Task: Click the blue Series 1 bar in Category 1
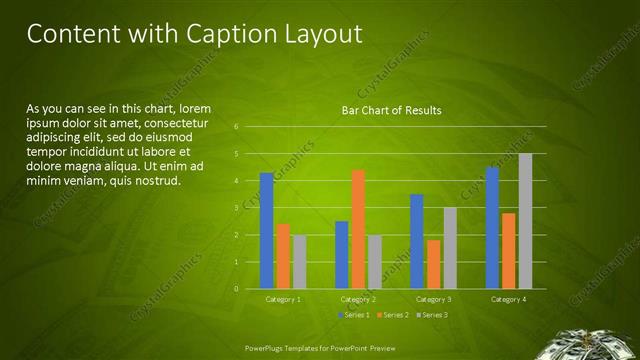(x=266, y=230)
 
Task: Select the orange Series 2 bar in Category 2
(x=358, y=229)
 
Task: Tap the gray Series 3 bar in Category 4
(x=525, y=221)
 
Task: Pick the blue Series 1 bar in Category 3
(x=417, y=241)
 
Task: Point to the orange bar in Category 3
(x=433, y=264)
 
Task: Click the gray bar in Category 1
(x=299, y=261)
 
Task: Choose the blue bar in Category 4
(x=492, y=227)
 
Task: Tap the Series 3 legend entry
(x=431, y=315)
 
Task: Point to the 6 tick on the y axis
(x=235, y=127)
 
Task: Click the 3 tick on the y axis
(x=235, y=208)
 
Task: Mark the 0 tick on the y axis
(x=235, y=289)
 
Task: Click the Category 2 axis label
(x=358, y=299)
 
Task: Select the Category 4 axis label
(x=509, y=299)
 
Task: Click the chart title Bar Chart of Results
(x=391, y=110)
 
